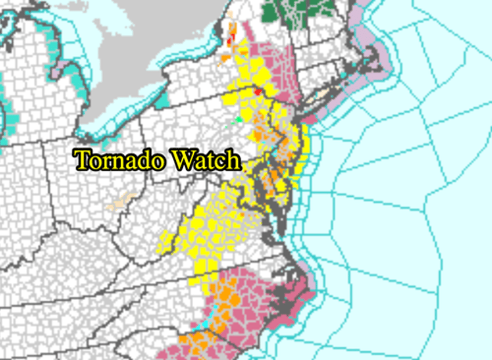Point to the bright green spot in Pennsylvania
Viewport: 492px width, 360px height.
click(238, 120)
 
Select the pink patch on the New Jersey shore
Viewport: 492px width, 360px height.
click(309, 120)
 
